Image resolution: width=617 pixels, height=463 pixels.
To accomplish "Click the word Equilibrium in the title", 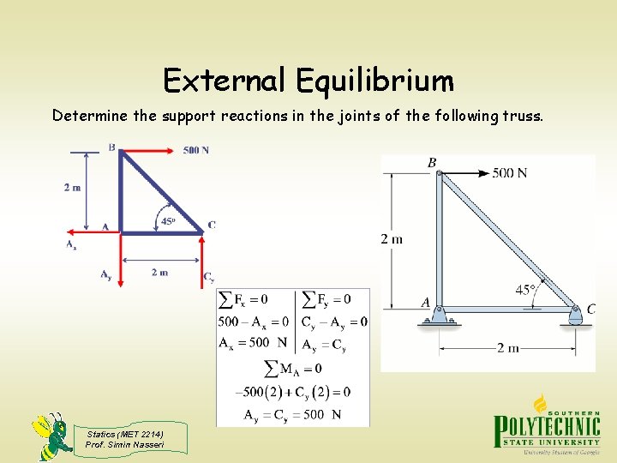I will click(374, 81).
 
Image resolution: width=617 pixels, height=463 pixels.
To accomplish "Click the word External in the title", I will click(225, 81).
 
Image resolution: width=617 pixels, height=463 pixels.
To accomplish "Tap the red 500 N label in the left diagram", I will click(196, 150).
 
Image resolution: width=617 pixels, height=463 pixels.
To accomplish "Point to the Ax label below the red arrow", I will click(71, 244).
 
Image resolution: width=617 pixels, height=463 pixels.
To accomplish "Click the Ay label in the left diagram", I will click(105, 274).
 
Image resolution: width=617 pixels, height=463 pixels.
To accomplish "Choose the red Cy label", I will click(208, 276).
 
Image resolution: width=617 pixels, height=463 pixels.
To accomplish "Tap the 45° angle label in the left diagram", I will click(169, 221).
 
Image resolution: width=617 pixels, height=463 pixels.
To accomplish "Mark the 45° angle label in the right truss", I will click(525, 290).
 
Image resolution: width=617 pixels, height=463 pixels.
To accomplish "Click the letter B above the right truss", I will click(432, 162).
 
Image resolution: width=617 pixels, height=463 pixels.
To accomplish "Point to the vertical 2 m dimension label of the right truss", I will click(391, 238).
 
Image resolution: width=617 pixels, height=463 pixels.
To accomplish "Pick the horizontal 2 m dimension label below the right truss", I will click(507, 348).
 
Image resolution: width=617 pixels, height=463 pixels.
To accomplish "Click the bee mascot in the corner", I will click(51, 436).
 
